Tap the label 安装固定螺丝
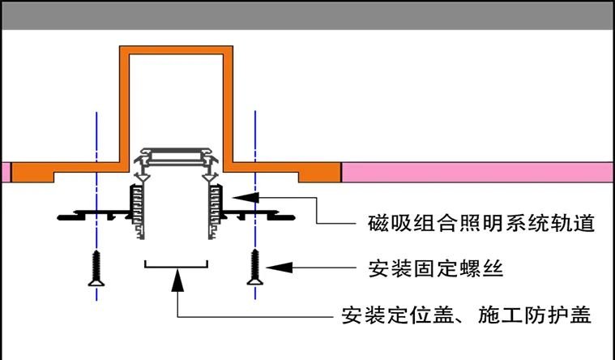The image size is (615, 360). click(x=436, y=268)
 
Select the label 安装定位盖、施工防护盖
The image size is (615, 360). click(x=466, y=314)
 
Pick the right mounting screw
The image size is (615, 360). click(x=254, y=268)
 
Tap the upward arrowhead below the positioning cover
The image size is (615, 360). click(x=177, y=280)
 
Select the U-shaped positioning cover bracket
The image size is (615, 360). click(x=176, y=264)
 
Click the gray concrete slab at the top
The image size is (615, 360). click(x=307, y=15)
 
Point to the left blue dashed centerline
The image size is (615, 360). click(x=97, y=138)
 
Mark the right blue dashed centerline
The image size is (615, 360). click(x=255, y=138)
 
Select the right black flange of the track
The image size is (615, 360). click(x=259, y=214)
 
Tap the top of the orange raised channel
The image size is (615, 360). click(x=176, y=50)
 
